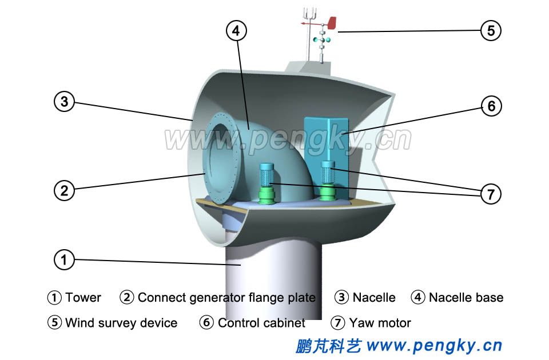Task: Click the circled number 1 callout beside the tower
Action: pos(65,261)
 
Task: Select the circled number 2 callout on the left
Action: pos(65,190)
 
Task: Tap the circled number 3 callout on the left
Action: pos(65,102)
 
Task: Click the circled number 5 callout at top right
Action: pos(491,30)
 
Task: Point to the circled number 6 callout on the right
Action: pos(491,106)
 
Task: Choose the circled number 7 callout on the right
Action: pos(491,194)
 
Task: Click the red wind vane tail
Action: pos(331,23)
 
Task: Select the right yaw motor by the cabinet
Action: pos(328,179)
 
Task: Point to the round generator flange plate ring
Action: pos(221,160)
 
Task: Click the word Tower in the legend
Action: pos(83,298)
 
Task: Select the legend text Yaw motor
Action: pos(380,323)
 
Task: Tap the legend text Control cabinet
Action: pos(261,323)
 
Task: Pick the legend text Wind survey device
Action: pos(121,323)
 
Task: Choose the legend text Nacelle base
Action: pos(466,298)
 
